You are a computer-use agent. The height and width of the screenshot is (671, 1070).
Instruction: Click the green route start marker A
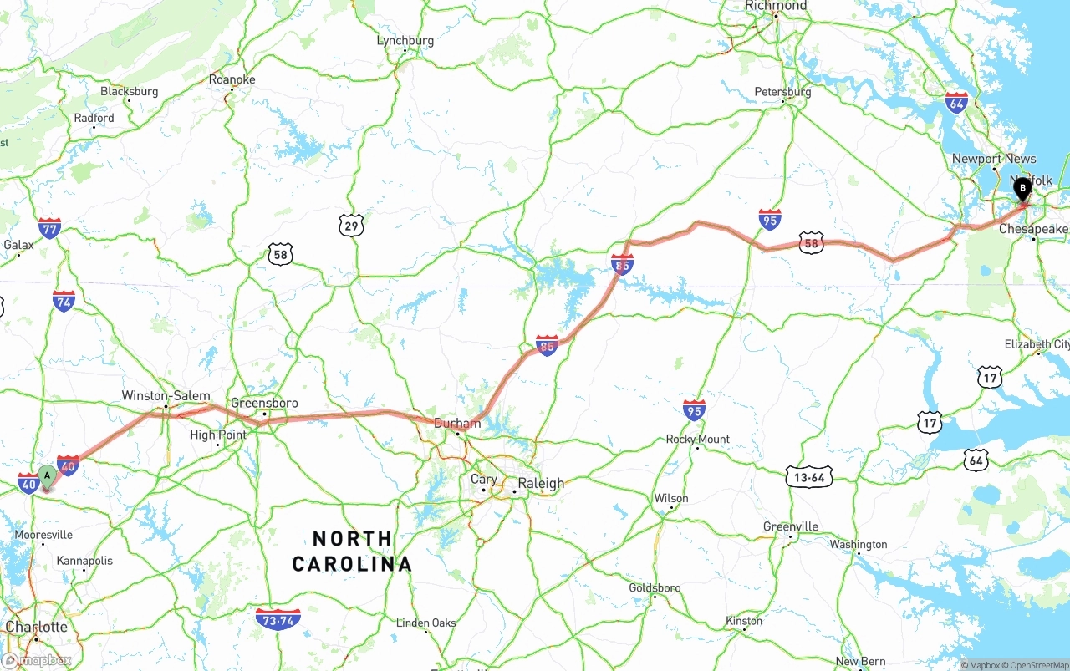coord(47,476)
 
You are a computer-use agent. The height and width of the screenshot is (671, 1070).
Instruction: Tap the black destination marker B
coord(1022,189)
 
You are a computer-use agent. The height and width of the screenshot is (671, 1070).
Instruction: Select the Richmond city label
coord(777,6)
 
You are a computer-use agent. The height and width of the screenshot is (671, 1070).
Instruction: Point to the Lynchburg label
coord(405,40)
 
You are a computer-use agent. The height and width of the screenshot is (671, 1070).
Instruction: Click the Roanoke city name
coord(232,79)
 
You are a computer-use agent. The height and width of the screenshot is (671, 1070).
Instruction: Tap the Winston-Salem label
coord(166,395)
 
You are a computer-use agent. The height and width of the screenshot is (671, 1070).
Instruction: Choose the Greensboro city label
coord(264,403)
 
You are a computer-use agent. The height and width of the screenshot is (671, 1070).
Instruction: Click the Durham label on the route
coord(456,424)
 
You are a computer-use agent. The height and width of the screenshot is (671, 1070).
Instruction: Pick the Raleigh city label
coord(541,483)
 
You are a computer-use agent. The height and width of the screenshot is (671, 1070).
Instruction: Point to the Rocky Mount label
coord(697,439)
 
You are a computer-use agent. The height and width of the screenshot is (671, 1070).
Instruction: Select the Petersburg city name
coord(782,92)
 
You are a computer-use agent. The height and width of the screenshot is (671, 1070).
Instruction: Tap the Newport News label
coord(994,159)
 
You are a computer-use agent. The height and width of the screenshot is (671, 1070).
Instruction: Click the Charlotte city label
coord(37,627)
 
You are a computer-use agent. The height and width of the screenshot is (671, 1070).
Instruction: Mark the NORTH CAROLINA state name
coord(352,551)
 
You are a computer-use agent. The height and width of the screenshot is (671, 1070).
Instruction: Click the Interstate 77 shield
coord(49,227)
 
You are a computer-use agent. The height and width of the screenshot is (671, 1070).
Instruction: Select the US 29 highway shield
coord(351,225)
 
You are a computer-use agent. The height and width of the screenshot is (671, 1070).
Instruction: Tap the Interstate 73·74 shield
coord(278,619)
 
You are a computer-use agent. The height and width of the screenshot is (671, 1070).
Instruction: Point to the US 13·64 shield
coord(809,477)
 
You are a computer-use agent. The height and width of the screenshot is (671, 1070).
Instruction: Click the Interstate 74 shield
coord(64,301)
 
